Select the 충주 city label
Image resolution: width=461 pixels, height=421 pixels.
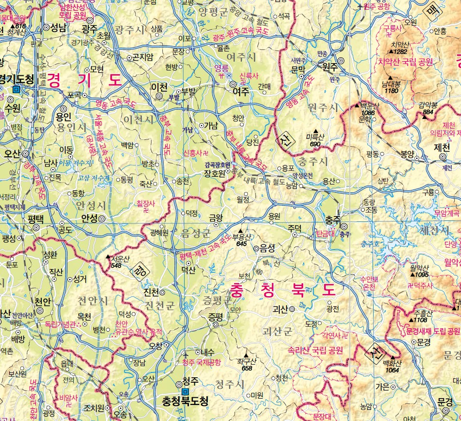coord(332,219)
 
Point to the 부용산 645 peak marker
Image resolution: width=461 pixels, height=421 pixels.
coord(240,231)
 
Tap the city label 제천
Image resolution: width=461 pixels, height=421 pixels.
coord(442,147)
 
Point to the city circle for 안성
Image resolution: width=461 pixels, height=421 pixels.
coord(102,219)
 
